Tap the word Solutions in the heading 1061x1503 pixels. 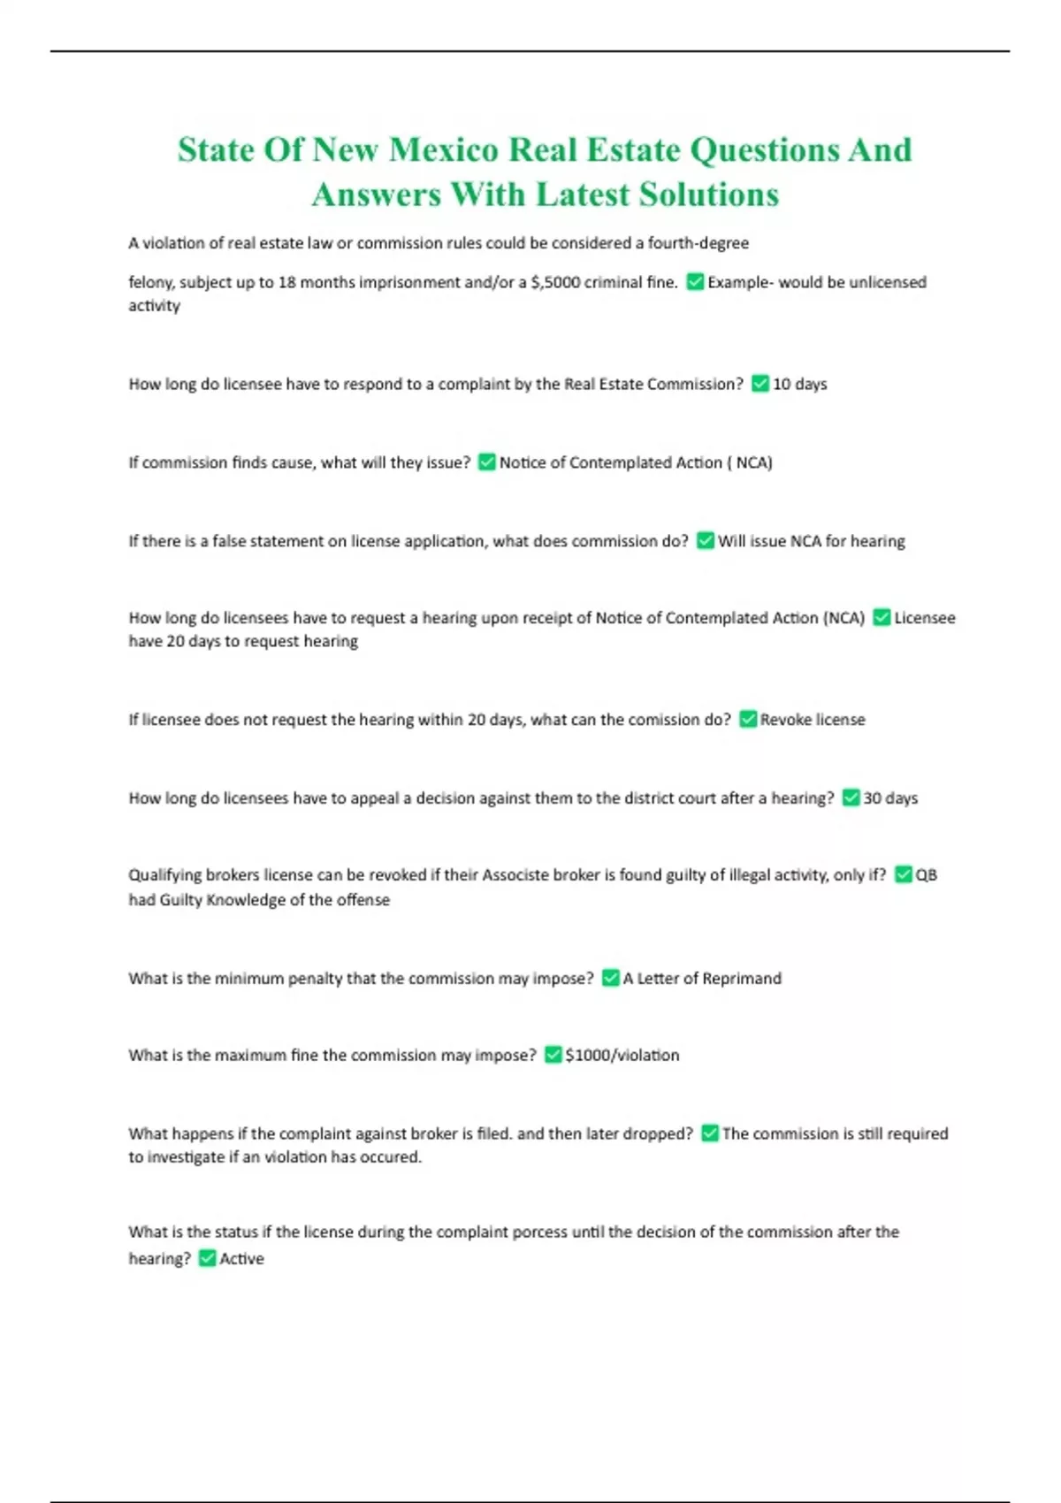point(709,195)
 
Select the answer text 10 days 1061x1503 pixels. point(799,384)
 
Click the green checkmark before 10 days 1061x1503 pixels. point(759,384)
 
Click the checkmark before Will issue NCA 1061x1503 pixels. point(705,540)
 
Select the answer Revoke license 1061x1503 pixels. point(812,720)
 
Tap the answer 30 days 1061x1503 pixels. point(889,797)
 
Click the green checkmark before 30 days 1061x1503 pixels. point(851,797)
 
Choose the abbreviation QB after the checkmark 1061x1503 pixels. point(926,874)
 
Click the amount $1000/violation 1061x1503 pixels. point(622,1055)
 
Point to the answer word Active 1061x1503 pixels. point(241,1258)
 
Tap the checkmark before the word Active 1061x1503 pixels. point(207,1258)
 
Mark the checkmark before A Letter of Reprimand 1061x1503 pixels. point(610,978)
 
